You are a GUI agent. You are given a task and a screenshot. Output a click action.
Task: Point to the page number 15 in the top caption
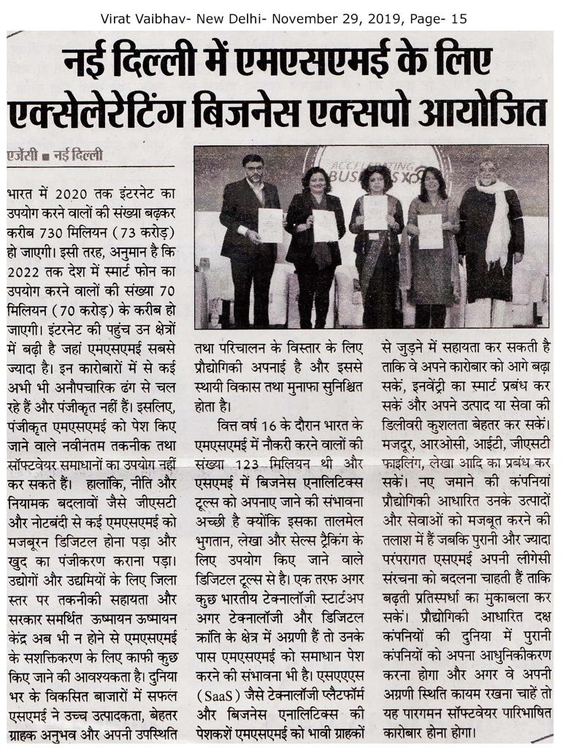click(459, 18)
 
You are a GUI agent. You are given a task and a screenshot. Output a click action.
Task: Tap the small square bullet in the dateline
click(45, 156)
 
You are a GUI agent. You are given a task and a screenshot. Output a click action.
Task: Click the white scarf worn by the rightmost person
click(498, 219)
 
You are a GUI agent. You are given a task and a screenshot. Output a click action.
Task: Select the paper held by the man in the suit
click(270, 224)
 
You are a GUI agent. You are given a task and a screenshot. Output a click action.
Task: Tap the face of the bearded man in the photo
click(253, 169)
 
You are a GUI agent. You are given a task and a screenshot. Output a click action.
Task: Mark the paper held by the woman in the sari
click(375, 213)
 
